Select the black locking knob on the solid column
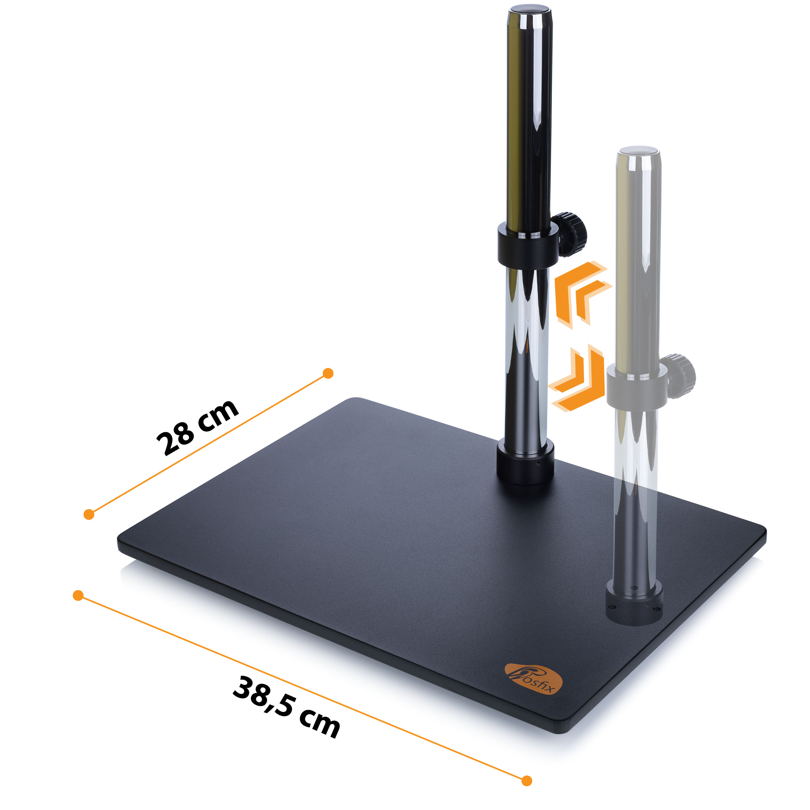click(x=570, y=234)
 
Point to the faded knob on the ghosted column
click(x=679, y=376)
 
